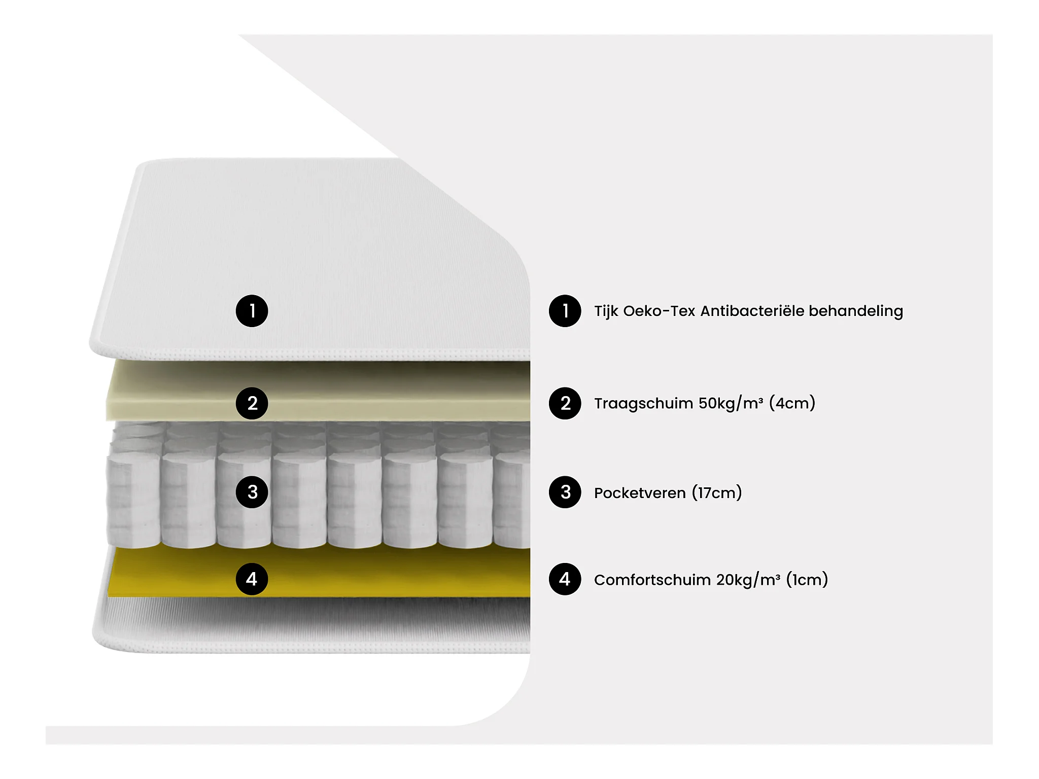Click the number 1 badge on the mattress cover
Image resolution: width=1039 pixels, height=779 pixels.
252,311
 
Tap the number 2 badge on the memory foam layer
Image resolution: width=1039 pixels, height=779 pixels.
252,403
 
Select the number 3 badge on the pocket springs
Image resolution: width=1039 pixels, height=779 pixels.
252,492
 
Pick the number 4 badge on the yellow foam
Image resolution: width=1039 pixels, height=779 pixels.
252,579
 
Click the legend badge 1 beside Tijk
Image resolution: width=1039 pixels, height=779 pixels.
565,311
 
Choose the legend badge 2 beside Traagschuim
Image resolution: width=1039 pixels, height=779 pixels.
565,403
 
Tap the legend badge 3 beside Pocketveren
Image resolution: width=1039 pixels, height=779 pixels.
565,492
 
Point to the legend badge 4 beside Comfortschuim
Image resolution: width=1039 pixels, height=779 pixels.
565,579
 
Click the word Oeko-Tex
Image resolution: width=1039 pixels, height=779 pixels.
659,311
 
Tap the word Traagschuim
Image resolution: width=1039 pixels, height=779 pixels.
643,404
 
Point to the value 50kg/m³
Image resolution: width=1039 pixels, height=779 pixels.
731,403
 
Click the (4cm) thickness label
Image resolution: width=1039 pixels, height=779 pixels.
792,403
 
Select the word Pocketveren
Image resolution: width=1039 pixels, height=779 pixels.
640,493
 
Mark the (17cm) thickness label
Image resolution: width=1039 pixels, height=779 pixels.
717,492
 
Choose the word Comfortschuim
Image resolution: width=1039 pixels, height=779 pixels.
652,580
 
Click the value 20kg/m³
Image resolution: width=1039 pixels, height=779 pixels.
748,580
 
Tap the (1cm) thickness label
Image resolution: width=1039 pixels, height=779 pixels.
807,580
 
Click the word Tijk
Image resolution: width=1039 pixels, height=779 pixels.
606,311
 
